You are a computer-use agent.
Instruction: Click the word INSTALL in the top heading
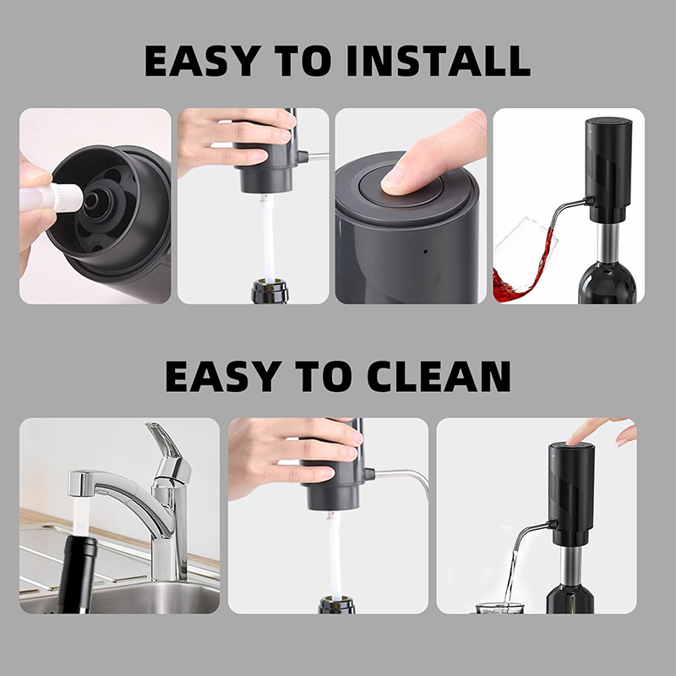[x=438, y=60]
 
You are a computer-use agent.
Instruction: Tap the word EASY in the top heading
[x=203, y=60]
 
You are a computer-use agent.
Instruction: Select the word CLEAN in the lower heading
[x=439, y=376]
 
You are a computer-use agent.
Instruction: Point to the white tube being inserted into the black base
[x=52, y=199]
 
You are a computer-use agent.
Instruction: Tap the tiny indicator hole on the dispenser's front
[x=426, y=251]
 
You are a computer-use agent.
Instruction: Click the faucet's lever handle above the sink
[x=169, y=449]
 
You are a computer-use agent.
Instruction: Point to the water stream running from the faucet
[x=81, y=516]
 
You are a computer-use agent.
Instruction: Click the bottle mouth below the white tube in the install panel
[x=270, y=291]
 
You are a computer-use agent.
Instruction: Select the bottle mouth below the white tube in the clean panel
[x=336, y=605]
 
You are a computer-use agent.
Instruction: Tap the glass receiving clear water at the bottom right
[x=500, y=608]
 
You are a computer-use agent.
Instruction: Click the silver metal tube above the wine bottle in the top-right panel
[x=608, y=244]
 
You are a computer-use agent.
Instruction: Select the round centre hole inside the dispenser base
[x=91, y=199]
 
